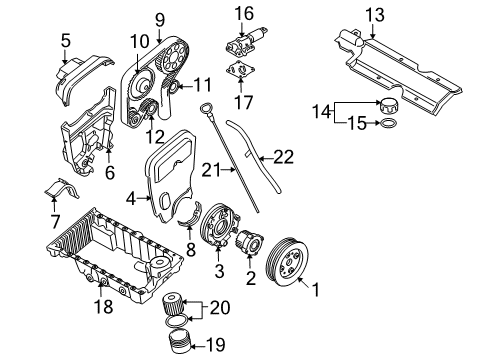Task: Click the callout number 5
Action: [x=66, y=41]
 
